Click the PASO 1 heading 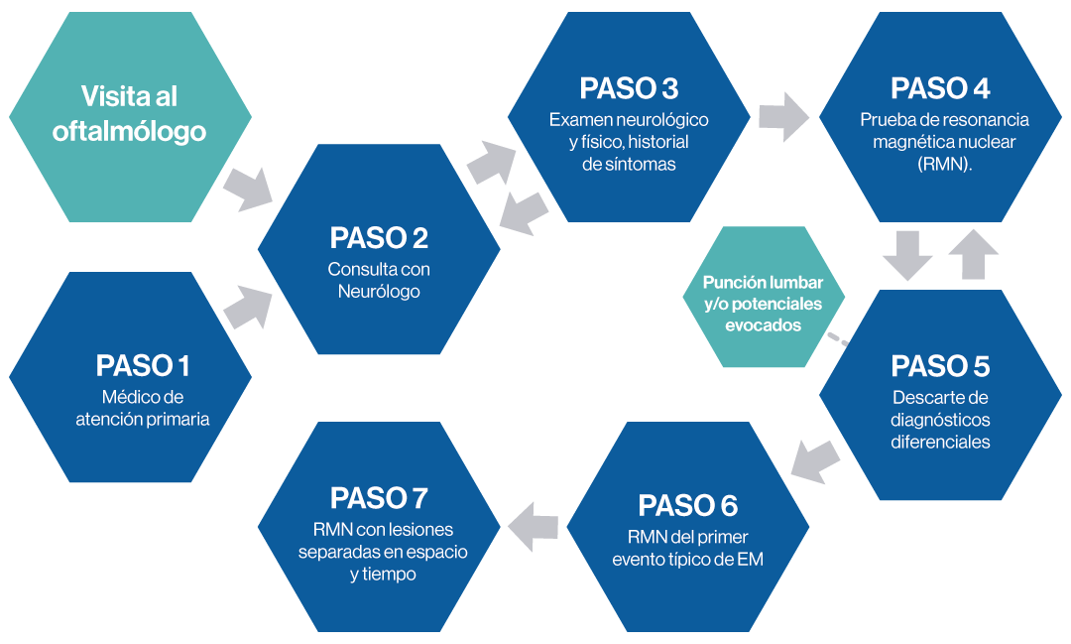tap(143, 366)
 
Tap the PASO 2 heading tap(379, 239)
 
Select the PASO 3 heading tap(629, 88)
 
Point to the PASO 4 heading tap(940, 88)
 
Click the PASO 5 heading tap(940, 366)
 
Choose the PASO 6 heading tap(687, 505)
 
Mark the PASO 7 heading tap(380, 497)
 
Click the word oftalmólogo tap(129, 131)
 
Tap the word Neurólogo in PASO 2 tap(379, 292)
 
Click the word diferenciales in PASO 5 tap(940, 443)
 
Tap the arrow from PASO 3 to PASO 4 tap(782, 117)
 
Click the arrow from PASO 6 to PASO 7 tap(535, 525)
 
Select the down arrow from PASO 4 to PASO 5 tap(906, 255)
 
